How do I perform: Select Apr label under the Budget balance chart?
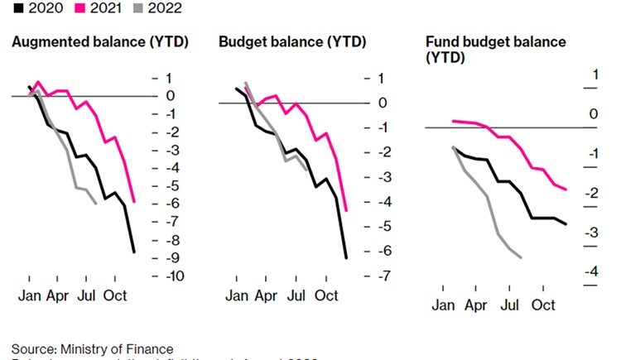click(x=266, y=295)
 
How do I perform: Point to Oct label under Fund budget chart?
click(x=543, y=305)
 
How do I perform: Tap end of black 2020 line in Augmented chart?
click(x=133, y=252)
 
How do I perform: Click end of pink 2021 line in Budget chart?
click(x=345, y=210)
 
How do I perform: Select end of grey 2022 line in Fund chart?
click(x=520, y=257)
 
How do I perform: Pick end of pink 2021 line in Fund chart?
click(x=566, y=190)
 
